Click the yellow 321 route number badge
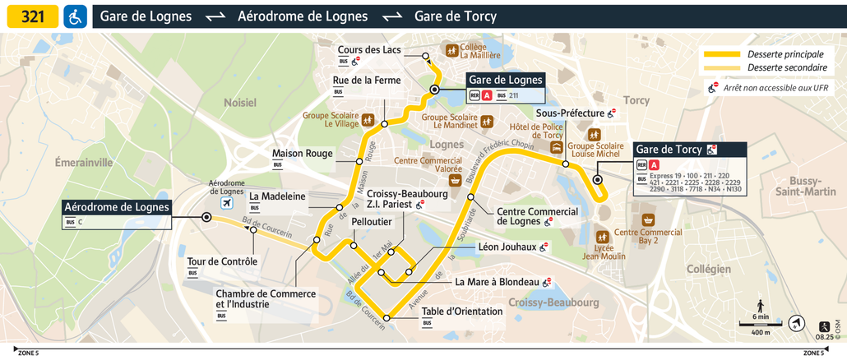[33, 16]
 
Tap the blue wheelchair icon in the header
[75, 16]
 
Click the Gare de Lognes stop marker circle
[434, 90]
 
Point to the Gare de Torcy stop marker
[597, 179]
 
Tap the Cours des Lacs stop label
[369, 50]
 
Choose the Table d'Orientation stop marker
[387, 316]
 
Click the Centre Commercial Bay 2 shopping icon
[648, 219]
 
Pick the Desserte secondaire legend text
[787, 67]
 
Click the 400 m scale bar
[760, 325]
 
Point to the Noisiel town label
[240, 103]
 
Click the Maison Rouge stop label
[302, 153]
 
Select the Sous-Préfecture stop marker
[566, 164]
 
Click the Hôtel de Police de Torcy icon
[557, 148]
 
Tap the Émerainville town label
[83, 163]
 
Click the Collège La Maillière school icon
[451, 50]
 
